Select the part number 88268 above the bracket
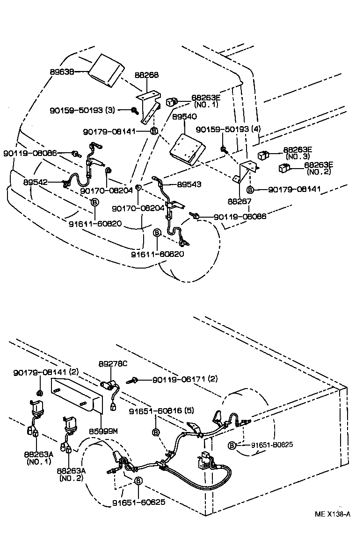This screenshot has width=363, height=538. tap(146, 75)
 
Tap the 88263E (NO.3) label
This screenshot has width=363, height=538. tap(298, 153)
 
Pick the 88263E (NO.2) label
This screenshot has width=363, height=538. tap(319, 168)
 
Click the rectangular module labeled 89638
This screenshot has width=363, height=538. tap(106, 70)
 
